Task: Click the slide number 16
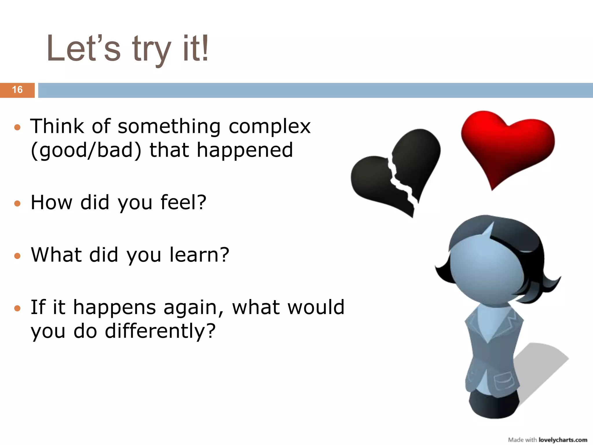click(17, 90)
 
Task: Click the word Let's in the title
click(83, 49)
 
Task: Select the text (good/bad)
click(86, 151)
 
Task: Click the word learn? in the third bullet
click(199, 255)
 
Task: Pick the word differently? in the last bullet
click(160, 331)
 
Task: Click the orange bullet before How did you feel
click(17, 203)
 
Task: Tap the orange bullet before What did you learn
click(17, 256)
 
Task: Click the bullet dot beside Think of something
click(17, 127)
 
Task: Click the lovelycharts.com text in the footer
click(563, 440)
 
